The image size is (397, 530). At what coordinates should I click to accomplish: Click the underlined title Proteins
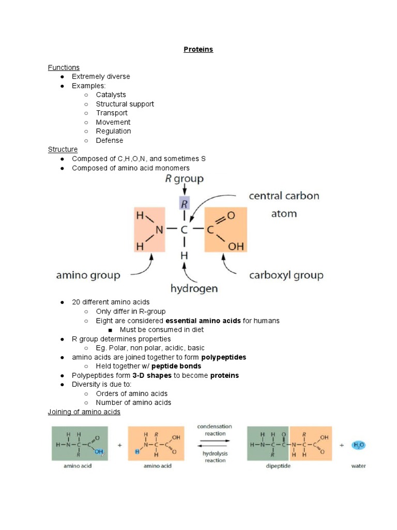point(198,49)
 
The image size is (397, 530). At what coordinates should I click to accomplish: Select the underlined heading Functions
point(64,67)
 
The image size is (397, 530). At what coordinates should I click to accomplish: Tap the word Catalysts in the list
point(111,95)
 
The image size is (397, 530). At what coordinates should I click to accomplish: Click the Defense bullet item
point(109,140)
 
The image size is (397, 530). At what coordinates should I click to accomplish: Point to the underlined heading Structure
point(63,149)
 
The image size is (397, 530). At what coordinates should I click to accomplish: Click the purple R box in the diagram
point(184,203)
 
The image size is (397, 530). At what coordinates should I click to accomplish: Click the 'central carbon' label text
point(284,196)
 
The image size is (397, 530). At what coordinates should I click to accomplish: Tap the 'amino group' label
point(88,275)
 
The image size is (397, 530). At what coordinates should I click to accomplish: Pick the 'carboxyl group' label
point(286,275)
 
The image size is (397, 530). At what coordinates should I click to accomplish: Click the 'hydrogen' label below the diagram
point(194,288)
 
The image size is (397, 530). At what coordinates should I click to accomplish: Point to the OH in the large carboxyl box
point(236,247)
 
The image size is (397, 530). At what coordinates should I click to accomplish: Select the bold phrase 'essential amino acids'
point(203,321)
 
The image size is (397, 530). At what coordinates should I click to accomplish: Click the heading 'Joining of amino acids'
point(84,412)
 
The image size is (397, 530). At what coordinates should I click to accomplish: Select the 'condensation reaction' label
point(215,430)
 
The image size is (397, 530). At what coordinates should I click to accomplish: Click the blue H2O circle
point(358,445)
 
